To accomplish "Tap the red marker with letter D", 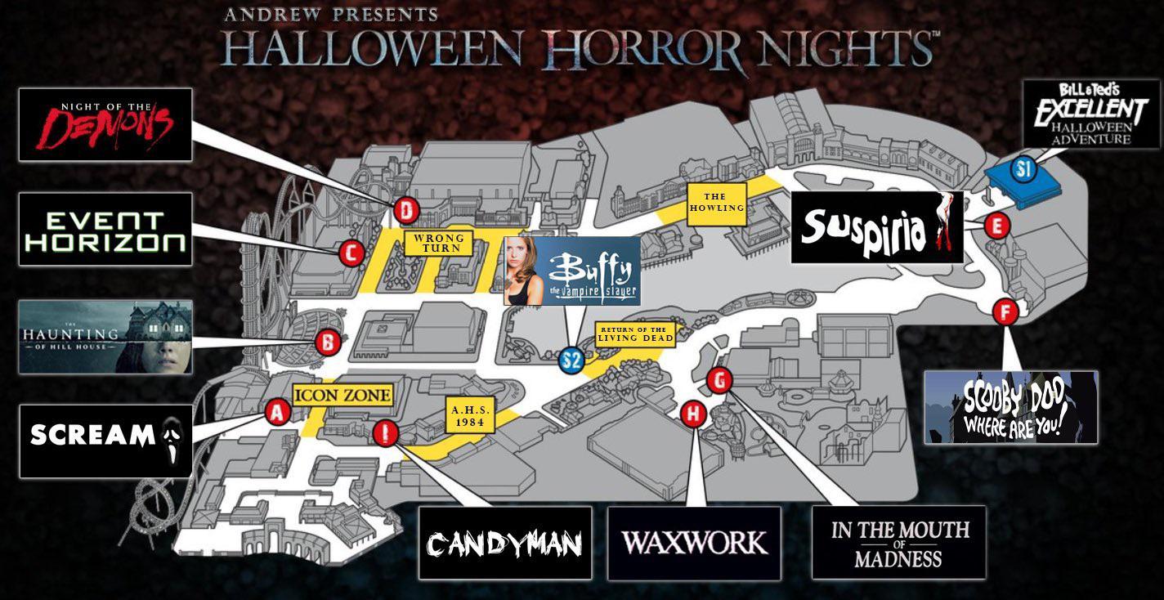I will click(406, 211).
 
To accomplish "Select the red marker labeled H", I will click(693, 414).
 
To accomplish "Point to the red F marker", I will click(1005, 311).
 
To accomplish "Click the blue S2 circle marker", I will click(571, 360).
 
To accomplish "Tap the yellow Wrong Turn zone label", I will click(439, 243).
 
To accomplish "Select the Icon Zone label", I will click(342, 396).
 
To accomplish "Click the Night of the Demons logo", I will click(105, 124).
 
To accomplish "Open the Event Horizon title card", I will click(105, 230).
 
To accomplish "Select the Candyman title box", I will click(505, 543).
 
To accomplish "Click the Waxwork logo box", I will click(694, 543).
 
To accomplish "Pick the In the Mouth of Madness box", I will click(899, 543).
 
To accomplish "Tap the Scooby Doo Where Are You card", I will click(1011, 407).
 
